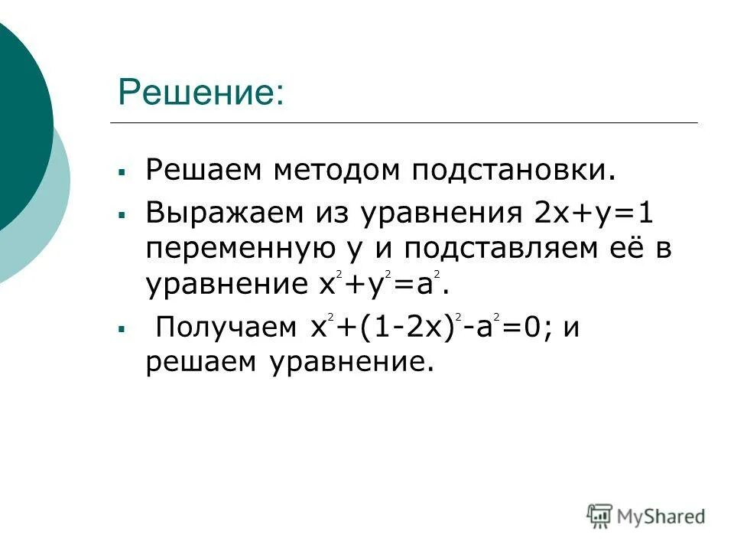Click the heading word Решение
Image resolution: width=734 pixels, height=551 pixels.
(x=200, y=93)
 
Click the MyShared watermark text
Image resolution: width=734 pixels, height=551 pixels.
(x=662, y=516)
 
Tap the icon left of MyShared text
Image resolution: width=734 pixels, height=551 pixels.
(x=600, y=515)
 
